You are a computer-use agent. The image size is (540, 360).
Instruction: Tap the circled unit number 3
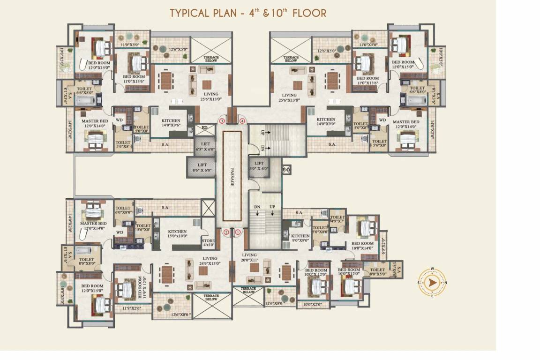(x=221, y=121)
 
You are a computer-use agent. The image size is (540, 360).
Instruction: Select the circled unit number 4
(x=242, y=121)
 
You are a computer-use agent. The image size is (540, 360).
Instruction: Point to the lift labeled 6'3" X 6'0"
(x=204, y=146)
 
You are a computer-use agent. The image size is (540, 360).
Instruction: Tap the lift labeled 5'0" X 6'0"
(x=259, y=166)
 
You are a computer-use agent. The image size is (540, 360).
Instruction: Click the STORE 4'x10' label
(x=208, y=242)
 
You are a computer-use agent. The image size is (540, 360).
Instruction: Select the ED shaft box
(x=204, y=127)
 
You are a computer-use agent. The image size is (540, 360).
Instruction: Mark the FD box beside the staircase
(x=286, y=169)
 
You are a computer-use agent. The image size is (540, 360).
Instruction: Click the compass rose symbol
(x=432, y=283)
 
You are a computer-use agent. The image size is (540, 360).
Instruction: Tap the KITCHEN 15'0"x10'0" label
(x=177, y=234)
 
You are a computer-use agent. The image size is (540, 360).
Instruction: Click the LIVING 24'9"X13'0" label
(x=210, y=261)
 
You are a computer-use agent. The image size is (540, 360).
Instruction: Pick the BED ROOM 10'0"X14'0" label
(x=362, y=246)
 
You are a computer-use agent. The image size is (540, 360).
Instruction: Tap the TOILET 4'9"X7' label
(x=337, y=219)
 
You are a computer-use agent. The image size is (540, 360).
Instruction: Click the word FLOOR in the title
(x=309, y=13)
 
